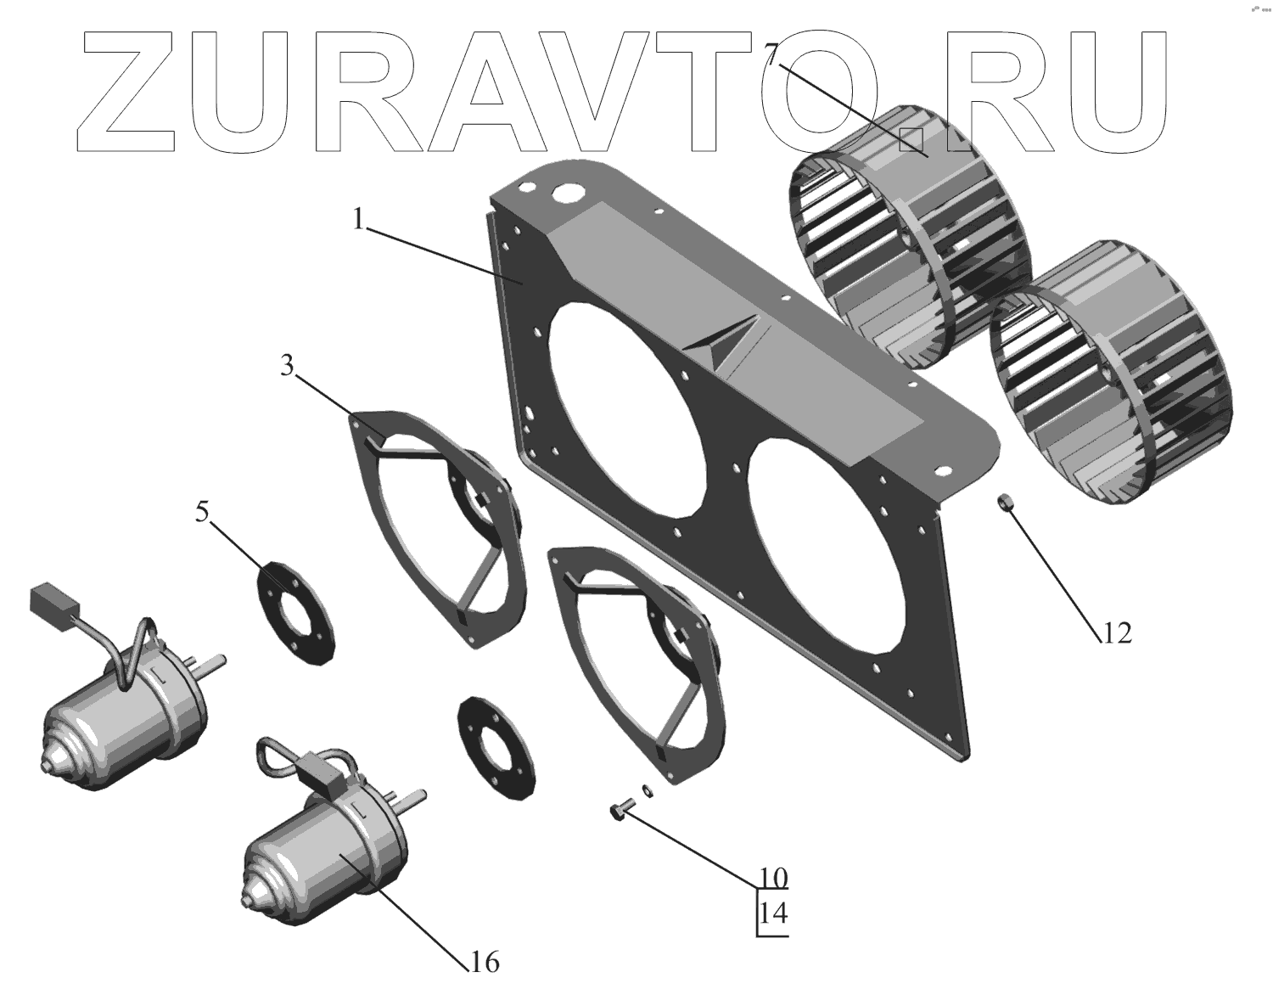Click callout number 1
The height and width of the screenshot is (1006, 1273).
tap(360, 220)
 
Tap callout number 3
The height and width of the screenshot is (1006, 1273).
tap(287, 367)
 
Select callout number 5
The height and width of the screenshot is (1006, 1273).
tap(201, 513)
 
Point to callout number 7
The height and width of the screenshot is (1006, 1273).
tap(770, 55)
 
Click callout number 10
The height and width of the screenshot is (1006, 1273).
tap(773, 876)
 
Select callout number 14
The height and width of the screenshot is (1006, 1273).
tap(773, 913)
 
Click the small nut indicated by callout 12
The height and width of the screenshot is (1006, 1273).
tap(1003, 503)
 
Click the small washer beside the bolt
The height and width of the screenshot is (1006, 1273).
tap(648, 791)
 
